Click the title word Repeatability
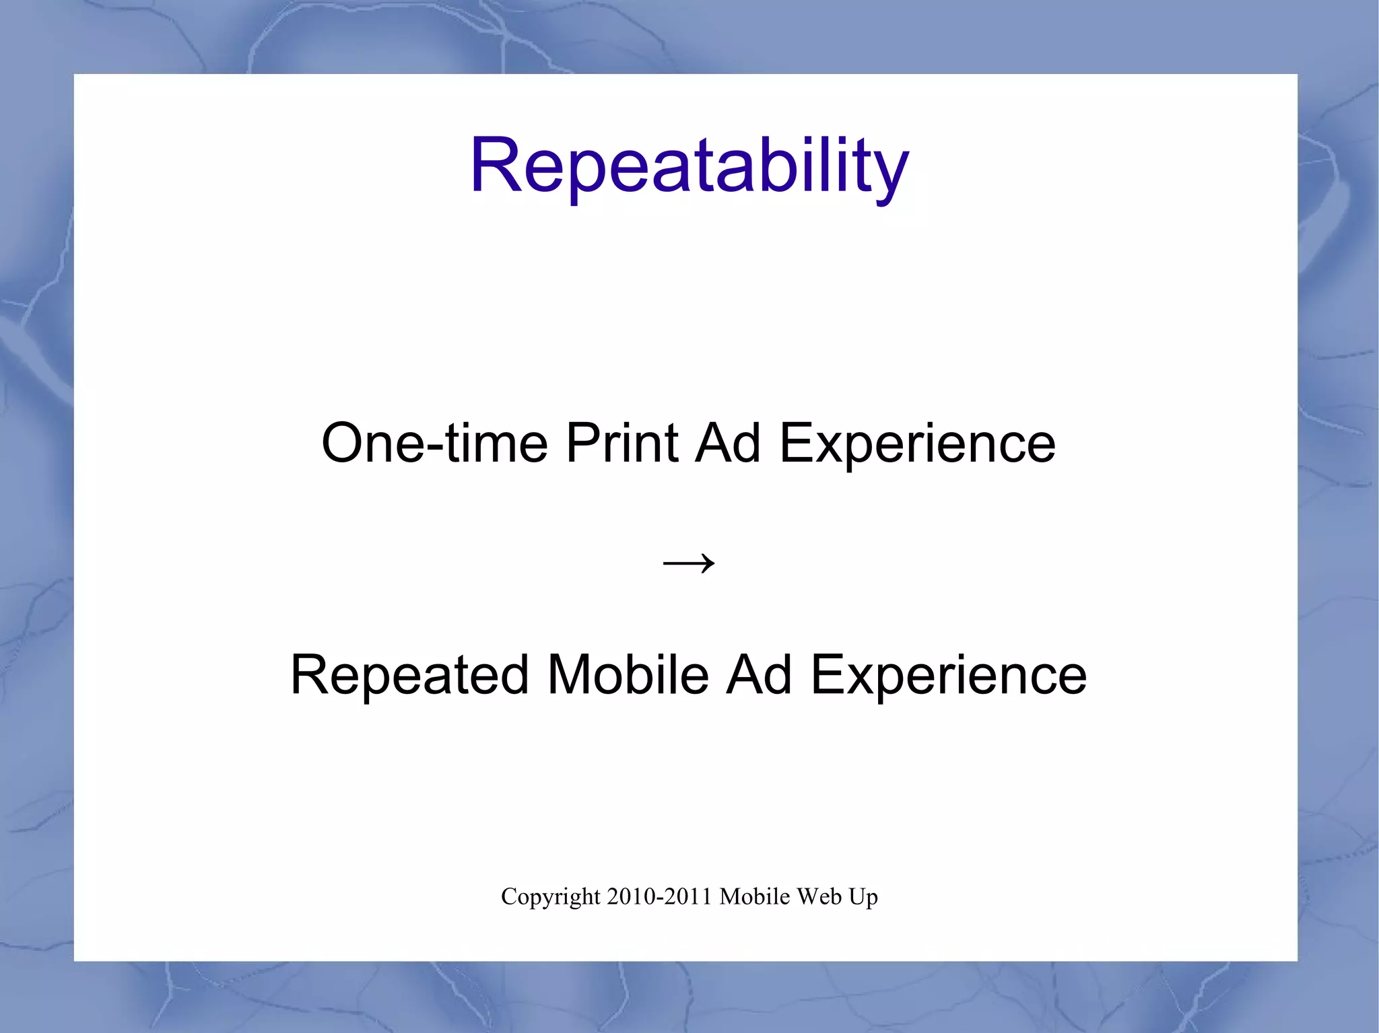tap(689, 165)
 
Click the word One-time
tap(434, 443)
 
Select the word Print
tap(621, 443)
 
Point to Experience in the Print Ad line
tap(917, 444)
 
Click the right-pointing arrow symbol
tap(688, 562)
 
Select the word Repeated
tap(409, 675)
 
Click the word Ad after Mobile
tap(759, 675)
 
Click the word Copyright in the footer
tap(550, 897)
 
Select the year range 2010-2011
tap(659, 896)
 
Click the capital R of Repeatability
tap(494, 166)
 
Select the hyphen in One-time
tap(436, 445)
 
